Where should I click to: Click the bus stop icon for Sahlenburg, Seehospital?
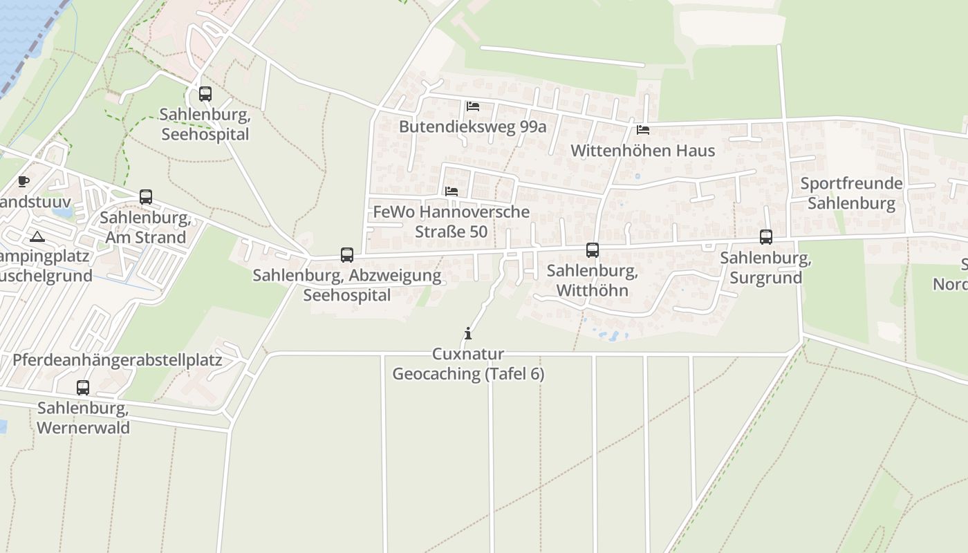pos(205,94)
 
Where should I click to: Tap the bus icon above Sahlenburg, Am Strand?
pos(146,197)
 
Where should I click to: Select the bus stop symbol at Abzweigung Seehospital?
pos(347,255)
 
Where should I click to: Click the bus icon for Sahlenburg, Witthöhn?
pos(593,250)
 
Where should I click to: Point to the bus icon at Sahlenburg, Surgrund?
pos(766,237)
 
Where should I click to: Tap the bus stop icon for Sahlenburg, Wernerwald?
pos(83,388)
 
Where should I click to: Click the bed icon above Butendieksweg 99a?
pos(473,106)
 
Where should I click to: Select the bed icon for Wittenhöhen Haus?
pos(643,130)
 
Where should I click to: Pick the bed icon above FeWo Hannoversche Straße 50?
pos(452,191)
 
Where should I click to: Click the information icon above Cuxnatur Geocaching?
pos(468,334)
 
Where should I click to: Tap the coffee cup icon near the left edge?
pos(24,182)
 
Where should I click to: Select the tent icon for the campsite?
pos(37,237)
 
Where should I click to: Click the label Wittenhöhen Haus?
pos(642,151)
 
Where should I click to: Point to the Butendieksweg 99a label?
pos(473,127)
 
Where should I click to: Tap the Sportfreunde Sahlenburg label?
pos(851,194)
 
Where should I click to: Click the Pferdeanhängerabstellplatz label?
pos(118,360)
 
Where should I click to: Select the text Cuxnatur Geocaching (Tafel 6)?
pos(468,364)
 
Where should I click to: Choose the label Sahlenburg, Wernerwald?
pos(83,418)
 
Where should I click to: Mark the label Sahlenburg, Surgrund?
pos(765,268)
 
